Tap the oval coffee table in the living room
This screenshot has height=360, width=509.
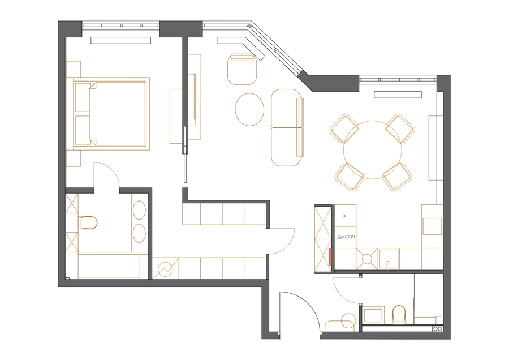[x=249, y=109]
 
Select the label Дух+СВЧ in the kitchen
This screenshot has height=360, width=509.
[x=346, y=237]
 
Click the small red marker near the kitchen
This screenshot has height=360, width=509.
[x=330, y=257]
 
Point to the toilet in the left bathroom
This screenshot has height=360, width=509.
[x=88, y=222]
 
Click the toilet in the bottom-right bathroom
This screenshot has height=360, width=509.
[x=399, y=314]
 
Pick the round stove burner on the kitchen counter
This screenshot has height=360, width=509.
[x=367, y=259]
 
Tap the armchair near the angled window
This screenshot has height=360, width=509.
[x=242, y=69]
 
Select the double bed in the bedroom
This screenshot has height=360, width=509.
[x=111, y=113]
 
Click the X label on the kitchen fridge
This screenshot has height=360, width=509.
[x=344, y=216]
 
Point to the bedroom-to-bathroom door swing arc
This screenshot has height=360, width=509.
[x=111, y=169]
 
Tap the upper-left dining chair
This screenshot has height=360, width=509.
[x=344, y=128]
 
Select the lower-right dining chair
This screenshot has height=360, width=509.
[x=398, y=177]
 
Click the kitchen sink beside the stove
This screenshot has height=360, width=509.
[x=389, y=259]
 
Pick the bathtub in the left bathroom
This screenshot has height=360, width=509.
[x=109, y=266]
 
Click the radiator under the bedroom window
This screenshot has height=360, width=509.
[x=121, y=40]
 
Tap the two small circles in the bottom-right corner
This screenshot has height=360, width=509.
[x=438, y=329]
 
